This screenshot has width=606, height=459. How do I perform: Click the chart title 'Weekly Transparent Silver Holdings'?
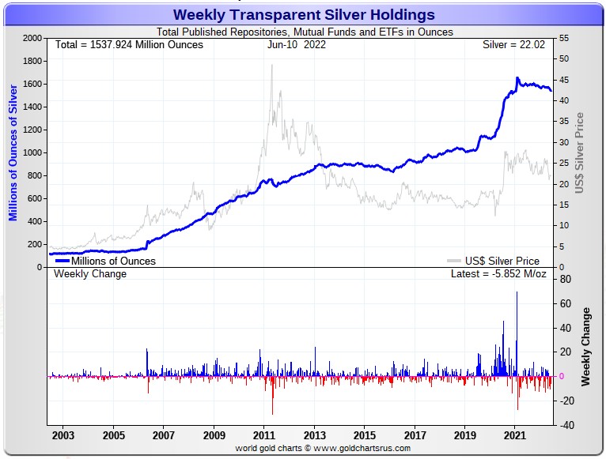[x=303, y=15]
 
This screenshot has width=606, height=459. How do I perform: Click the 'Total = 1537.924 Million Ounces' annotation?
[x=129, y=44]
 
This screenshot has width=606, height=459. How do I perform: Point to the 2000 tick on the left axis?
[x=31, y=38]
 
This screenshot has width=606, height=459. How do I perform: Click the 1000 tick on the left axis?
[x=31, y=152]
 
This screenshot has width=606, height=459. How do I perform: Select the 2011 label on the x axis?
[x=264, y=435]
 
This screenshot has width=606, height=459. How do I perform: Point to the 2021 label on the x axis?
[x=515, y=435]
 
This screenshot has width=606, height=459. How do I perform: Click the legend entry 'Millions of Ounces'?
[x=113, y=261]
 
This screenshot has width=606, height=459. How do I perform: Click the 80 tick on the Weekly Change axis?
[x=566, y=279]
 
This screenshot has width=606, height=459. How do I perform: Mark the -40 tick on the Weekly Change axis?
[x=565, y=425]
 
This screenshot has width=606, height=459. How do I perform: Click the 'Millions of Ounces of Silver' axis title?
[x=13, y=152]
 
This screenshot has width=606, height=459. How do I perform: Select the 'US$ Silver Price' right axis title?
[x=579, y=152]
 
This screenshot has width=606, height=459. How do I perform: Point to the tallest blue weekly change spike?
[x=517, y=293]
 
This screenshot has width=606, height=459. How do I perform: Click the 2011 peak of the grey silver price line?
[x=272, y=66]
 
